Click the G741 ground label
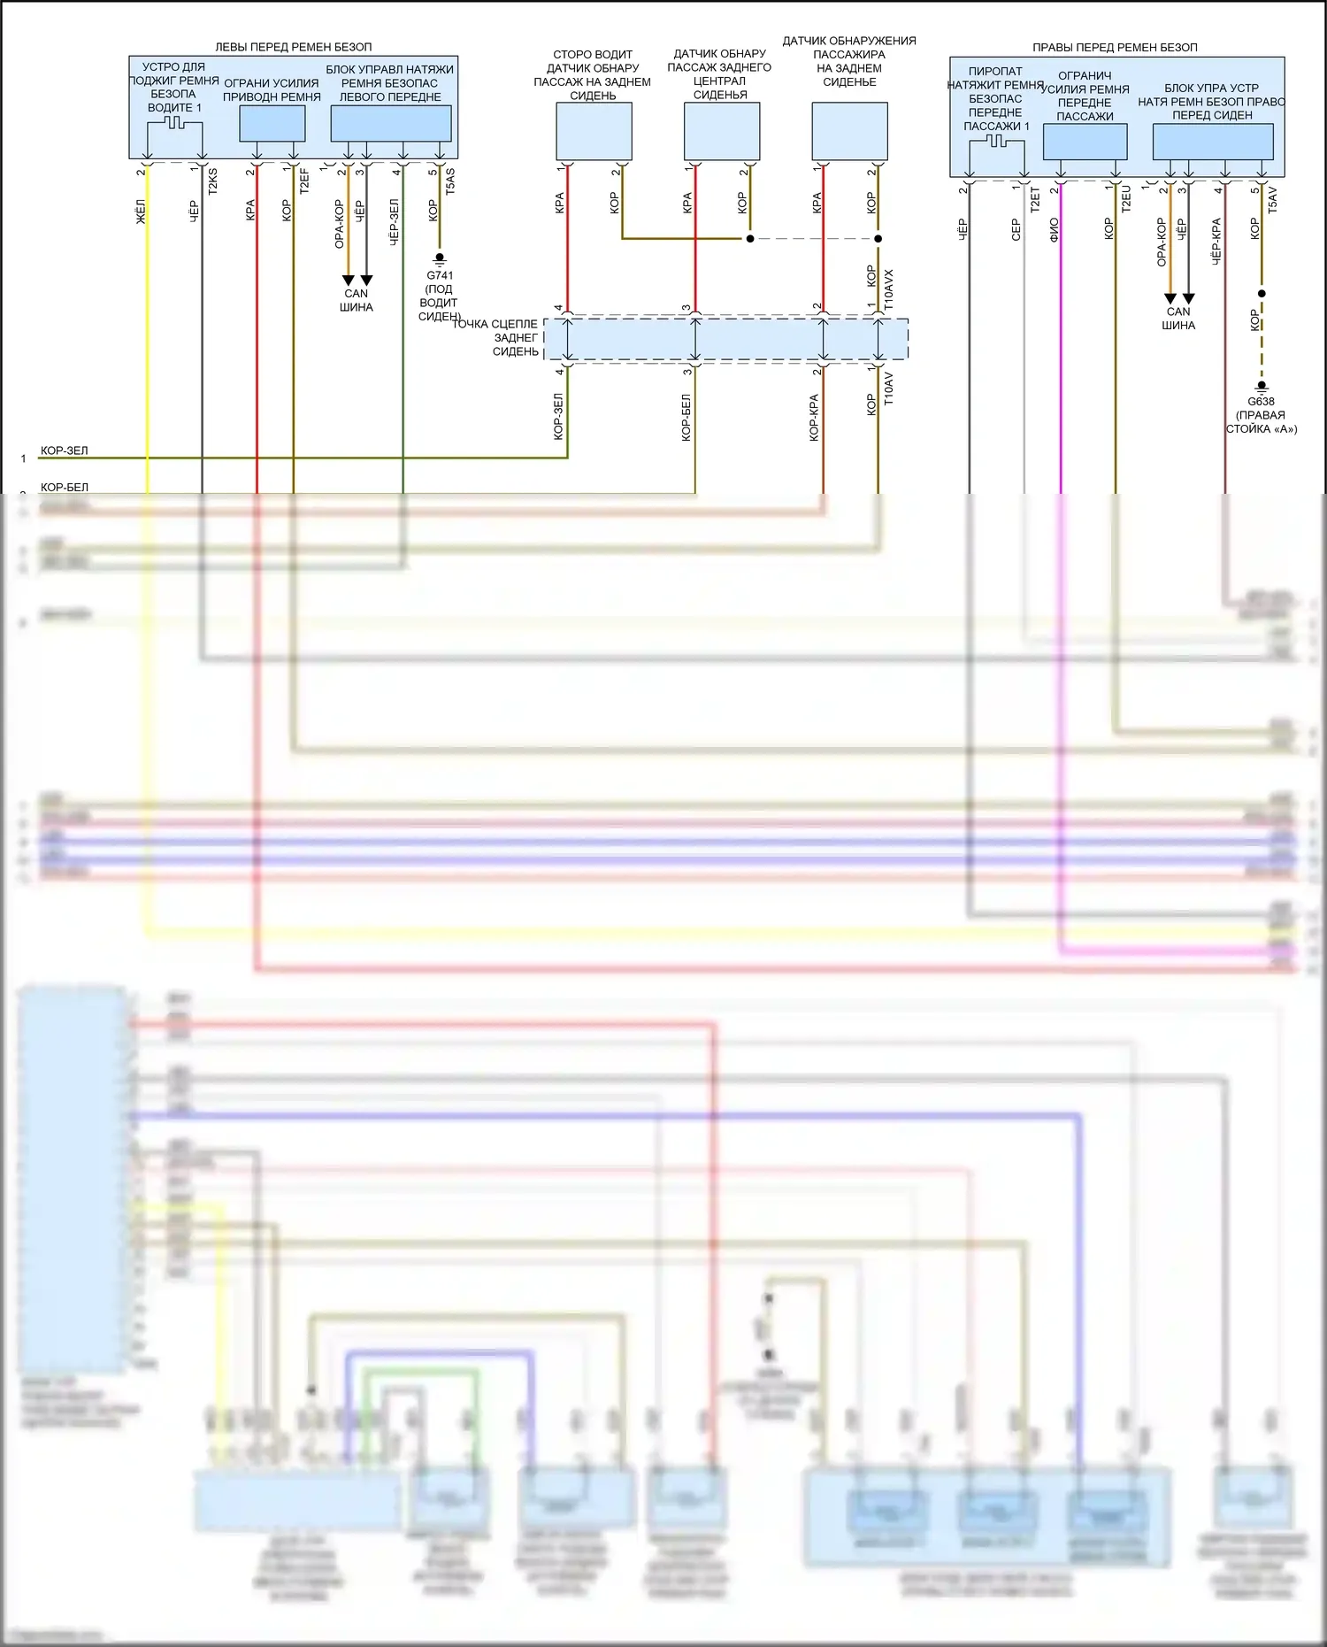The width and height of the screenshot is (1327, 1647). (440, 275)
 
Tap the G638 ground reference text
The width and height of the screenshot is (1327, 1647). (1262, 401)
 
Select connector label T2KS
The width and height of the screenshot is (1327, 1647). (212, 181)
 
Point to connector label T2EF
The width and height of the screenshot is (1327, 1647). (304, 181)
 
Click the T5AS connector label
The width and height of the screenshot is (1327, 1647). (450, 181)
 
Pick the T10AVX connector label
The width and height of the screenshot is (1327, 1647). (889, 289)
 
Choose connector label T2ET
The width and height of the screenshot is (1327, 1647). (1035, 199)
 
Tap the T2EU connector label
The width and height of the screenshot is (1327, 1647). (1126, 199)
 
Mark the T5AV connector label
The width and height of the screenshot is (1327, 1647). (1272, 199)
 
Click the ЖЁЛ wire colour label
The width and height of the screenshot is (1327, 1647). (141, 212)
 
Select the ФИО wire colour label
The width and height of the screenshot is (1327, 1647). (1054, 230)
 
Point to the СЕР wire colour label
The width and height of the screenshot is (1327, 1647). (1016, 230)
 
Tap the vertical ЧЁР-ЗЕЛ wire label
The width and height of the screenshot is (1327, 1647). (395, 220)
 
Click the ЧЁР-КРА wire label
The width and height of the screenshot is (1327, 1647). (1216, 241)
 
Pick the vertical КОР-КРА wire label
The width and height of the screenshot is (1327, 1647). (814, 418)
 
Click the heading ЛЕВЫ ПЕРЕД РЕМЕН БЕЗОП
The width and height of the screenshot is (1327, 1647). (294, 47)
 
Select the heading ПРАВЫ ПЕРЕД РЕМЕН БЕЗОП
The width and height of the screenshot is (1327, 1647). (1115, 47)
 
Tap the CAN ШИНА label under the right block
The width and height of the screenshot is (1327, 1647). (1178, 319)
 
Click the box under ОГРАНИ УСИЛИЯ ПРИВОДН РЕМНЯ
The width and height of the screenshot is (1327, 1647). (272, 124)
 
